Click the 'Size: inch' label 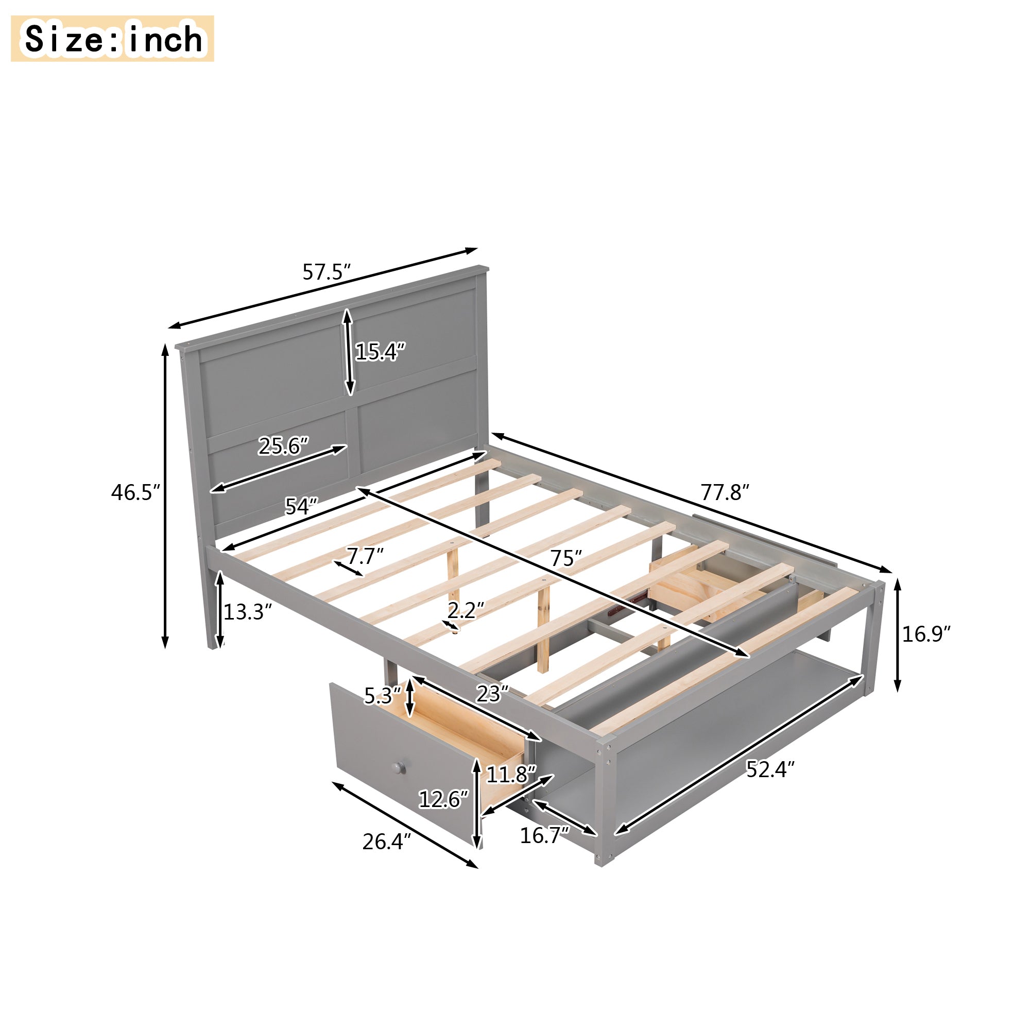click(112, 39)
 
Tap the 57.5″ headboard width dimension click(327, 272)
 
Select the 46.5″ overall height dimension click(135, 492)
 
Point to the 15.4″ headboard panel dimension click(380, 352)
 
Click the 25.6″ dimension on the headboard click(283, 445)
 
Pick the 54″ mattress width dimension click(301, 506)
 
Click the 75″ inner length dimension click(565, 558)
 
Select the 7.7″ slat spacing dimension click(365, 556)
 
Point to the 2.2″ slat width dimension click(466, 610)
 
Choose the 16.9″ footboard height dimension click(926, 634)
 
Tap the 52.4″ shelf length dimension click(770, 769)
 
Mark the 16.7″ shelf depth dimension click(544, 835)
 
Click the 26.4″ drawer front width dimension click(387, 842)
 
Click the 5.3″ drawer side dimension click(382, 696)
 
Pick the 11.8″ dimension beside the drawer click(510, 774)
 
